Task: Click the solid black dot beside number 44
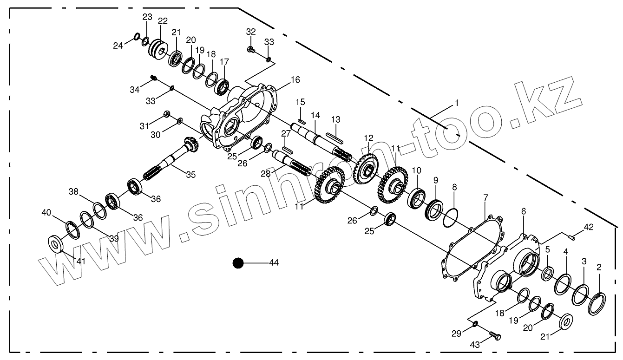click(238, 263)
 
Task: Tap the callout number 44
click(274, 263)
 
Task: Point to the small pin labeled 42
click(572, 238)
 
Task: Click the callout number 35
click(190, 175)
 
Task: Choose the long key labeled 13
click(334, 136)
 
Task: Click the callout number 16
click(295, 79)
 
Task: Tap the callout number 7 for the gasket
click(486, 198)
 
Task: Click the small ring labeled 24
click(137, 37)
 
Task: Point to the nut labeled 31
click(166, 114)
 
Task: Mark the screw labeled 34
click(154, 79)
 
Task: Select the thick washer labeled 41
click(56, 243)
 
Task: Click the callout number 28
click(265, 174)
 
